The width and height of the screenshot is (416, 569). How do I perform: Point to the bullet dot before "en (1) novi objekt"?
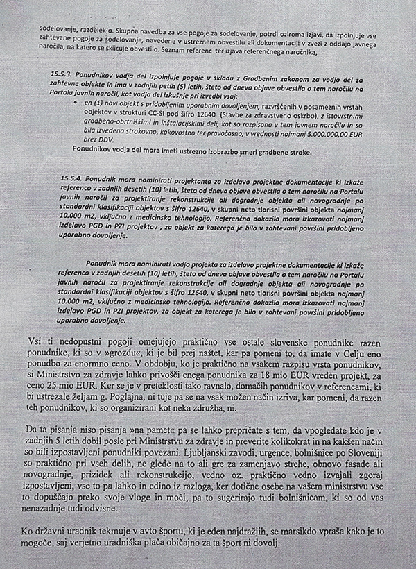coord(77,101)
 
